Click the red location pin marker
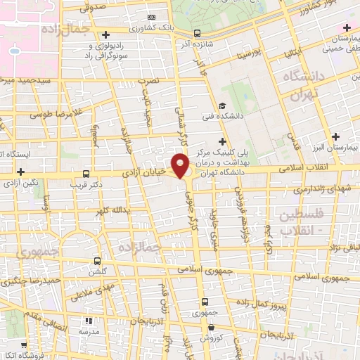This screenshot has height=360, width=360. [x=181, y=165]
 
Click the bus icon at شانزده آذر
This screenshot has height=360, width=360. [x=197, y=33]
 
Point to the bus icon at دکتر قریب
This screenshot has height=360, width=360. [x=86, y=174]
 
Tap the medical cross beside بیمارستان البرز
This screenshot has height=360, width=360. [x=335, y=136]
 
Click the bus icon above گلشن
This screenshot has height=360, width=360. [x=98, y=259]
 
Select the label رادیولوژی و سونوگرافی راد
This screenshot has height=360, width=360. [x=105, y=50]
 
